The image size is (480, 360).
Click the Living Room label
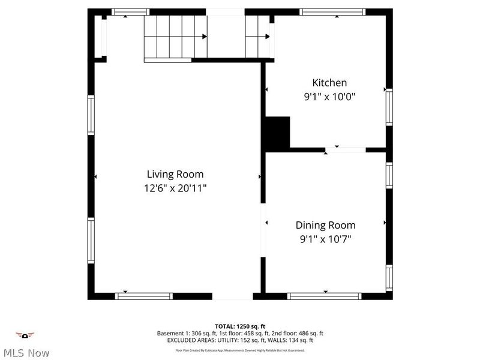(175, 174)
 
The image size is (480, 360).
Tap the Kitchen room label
(329, 83)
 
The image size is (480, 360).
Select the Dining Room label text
(325, 226)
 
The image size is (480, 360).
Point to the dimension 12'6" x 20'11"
(175, 188)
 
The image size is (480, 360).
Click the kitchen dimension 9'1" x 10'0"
(329, 96)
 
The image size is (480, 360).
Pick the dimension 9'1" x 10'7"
(325, 239)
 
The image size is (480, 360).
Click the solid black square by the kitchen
(277, 131)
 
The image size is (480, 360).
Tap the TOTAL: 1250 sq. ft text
(240, 326)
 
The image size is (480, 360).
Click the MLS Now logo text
(25, 353)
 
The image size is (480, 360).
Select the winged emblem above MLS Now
(25, 335)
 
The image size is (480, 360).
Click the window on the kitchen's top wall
(332, 11)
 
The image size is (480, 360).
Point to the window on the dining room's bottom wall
(324, 296)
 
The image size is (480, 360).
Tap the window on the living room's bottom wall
(144, 296)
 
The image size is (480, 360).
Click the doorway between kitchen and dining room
(346, 149)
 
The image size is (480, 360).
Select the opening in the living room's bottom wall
(232, 296)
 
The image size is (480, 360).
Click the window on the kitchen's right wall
(389, 107)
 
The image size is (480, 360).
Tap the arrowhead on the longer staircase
(205, 37)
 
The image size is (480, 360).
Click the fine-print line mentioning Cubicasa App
(240, 350)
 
